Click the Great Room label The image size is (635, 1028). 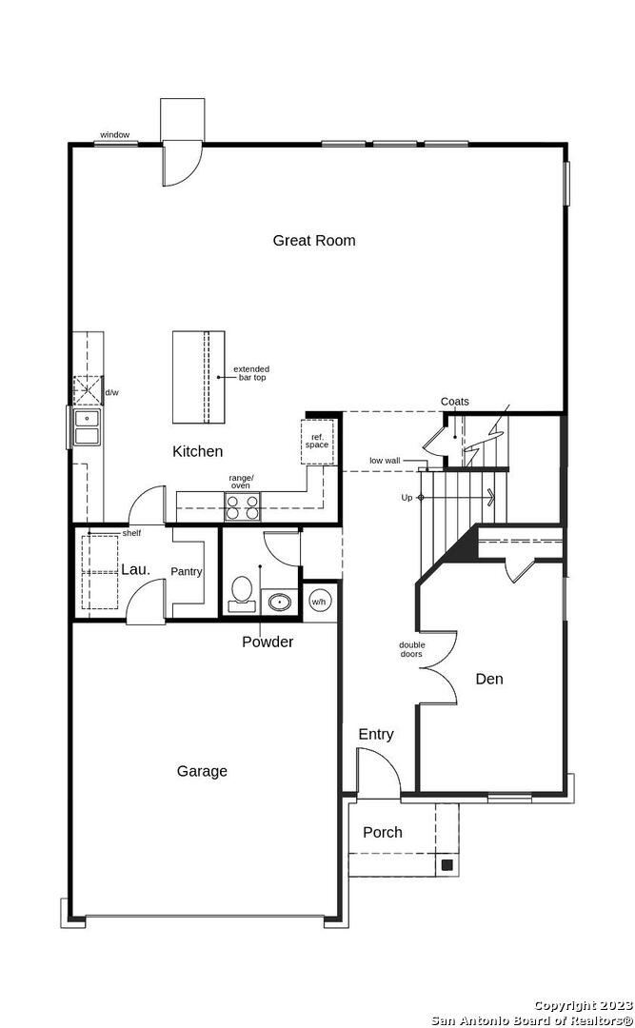[x=314, y=241]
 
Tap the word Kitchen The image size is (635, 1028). [x=197, y=451]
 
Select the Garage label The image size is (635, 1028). [x=202, y=772]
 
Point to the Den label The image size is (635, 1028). [x=489, y=680]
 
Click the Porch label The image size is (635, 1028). [x=383, y=832]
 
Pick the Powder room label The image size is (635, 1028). [x=268, y=642]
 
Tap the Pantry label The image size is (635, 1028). [x=187, y=572]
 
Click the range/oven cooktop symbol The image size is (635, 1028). [x=242, y=506]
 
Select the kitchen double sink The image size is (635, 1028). [x=87, y=426]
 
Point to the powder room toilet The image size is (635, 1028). [x=242, y=593]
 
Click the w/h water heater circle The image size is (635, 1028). [x=318, y=602]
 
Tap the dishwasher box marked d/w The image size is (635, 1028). [x=88, y=390]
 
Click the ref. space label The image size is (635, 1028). [x=317, y=441]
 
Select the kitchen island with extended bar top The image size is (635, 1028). [x=198, y=377]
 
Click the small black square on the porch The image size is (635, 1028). [x=446, y=864]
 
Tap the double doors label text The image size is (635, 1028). [x=411, y=649]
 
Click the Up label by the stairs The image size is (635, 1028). [x=407, y=498]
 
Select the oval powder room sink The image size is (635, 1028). [x=281, y=602]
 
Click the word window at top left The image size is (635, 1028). [x=115, y=135]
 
